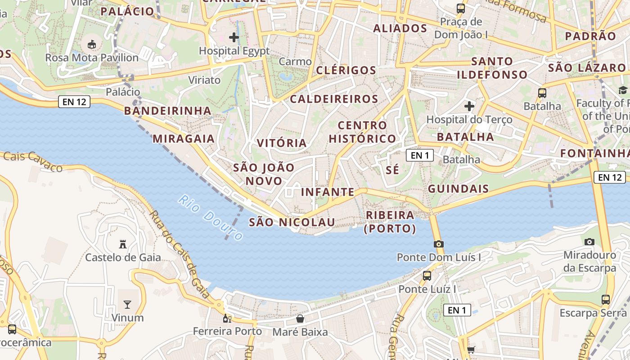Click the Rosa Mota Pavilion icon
92,44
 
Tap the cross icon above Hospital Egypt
234,37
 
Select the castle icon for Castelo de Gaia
122,244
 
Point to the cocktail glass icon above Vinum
127,305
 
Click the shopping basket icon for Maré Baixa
300,319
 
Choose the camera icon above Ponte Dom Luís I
438,244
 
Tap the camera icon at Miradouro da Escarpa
589,242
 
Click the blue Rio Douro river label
211,217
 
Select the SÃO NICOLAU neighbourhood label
292,222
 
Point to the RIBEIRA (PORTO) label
390,222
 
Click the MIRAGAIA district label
184,139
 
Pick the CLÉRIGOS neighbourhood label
346,70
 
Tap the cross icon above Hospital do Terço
469,106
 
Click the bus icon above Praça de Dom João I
460,8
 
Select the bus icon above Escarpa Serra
606,299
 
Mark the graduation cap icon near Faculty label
623,90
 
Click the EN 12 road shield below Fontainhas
610,177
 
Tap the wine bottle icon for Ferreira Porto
227,319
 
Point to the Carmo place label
295,62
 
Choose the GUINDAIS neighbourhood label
458,189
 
